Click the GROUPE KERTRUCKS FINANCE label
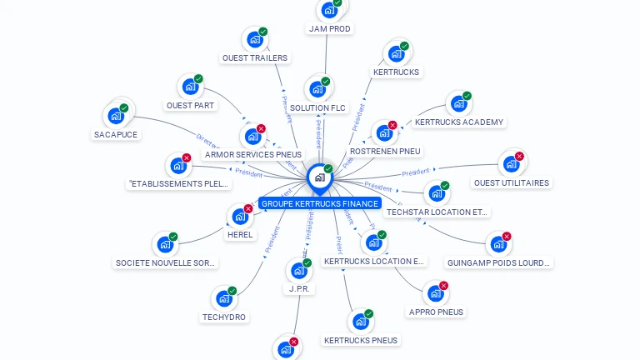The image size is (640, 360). (x=320, y=203)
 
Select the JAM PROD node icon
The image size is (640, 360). (x=329, y=10)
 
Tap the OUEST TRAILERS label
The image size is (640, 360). (x=254, y=57)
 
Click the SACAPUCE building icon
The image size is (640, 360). (x=115, y=116)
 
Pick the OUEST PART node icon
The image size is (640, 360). (x=191, y=87)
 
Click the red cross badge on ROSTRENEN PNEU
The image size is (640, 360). (x=392, y=125)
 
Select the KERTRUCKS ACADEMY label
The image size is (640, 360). (x=459, y=122)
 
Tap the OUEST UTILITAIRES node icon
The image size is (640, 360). (x=510, y=163)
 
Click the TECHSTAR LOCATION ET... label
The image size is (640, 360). (x=437, y=212)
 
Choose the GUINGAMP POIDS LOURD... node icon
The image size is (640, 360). (x=497, y=244)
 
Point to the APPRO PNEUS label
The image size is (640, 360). (x=436, y=312)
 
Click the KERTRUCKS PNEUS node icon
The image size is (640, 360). (x=360, y=322)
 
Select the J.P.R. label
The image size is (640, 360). (x=299, y=289)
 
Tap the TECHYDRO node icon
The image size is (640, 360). (x=223, y=298)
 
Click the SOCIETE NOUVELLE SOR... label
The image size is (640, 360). (x=166, y=262)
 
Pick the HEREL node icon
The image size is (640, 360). (x=240, y=217)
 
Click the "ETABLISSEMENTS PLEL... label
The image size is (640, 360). (x=178, y=183)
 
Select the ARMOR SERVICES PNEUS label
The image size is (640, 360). (x=253, y=154)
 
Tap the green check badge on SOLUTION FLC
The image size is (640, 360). (x=325, y=82)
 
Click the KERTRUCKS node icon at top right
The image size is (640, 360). (x=396, y=53)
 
